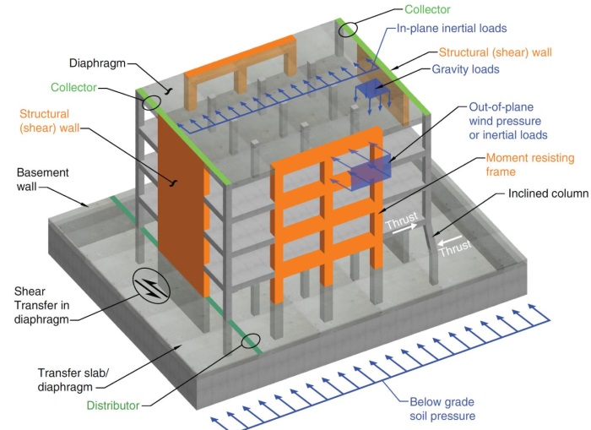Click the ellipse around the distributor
click(250, 340)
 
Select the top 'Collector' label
click(427, 9)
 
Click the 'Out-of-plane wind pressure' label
click(509, 121)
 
